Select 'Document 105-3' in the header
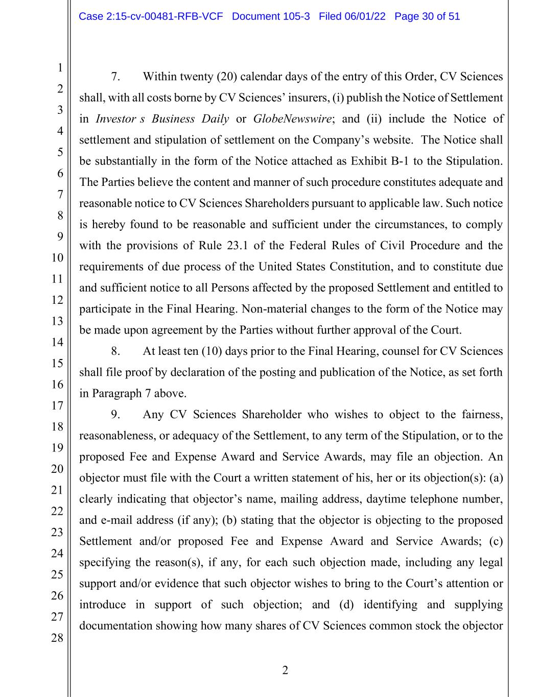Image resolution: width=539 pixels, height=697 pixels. [271, 16]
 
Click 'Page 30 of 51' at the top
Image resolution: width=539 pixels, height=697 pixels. [427, 16]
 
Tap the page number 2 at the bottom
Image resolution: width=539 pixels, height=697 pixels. [285, 670]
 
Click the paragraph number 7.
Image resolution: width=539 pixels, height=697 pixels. [115, 77]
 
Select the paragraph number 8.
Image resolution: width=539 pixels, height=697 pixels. [115, 351]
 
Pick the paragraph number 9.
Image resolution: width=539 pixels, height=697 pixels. [115, 415]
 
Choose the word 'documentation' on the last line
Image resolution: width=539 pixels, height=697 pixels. [115, 626]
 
